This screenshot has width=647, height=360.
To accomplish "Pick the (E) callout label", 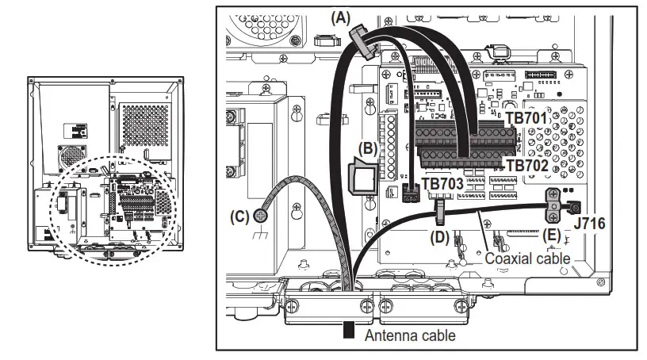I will click(553, 236).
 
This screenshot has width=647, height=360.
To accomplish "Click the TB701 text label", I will click(526, 119).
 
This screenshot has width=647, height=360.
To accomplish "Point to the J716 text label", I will click(590, 224).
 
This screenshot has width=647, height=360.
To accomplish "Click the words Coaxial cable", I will click(527, 259).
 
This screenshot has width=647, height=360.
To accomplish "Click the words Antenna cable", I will click(410, 335).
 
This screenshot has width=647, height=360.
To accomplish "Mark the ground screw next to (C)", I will click(262, 215).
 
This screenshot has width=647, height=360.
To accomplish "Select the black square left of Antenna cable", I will click(348, 331).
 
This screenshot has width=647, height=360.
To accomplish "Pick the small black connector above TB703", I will click(411, 193).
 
